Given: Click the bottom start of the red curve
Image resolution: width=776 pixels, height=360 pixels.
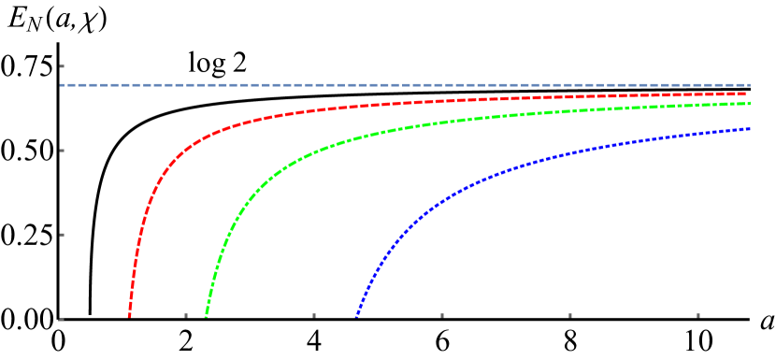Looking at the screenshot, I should [129, 315].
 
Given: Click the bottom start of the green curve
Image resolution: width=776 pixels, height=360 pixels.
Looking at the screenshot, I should [206, 315].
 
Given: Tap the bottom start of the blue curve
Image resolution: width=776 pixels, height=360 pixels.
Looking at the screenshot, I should [356, 315].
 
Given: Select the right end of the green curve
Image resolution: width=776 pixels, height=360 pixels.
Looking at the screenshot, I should [749, 104].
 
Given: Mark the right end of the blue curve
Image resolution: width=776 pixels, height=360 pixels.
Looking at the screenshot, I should [750, 129].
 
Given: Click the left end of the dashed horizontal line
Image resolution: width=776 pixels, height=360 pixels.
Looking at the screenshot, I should [62, 85].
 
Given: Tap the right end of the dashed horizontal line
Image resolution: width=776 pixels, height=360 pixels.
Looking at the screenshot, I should [749, 85].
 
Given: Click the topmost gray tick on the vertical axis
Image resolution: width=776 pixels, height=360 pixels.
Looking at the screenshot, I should [62, 66].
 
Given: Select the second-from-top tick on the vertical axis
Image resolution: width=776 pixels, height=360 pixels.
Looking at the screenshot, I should [62, 151].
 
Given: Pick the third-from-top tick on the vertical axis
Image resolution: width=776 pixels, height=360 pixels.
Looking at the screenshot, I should [62, 235].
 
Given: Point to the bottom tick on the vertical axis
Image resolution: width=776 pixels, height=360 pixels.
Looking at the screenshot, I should [62, 319].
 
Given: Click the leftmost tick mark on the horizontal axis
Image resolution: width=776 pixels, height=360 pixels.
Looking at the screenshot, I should [186, 315].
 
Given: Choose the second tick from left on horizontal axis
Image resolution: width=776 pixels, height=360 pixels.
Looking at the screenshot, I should [314, 315].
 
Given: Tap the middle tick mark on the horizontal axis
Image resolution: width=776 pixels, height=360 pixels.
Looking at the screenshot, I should [442, 315].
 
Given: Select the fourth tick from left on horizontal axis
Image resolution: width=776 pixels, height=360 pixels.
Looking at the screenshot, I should [570, 315].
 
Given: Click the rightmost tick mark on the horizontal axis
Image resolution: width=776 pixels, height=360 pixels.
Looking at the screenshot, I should [698, 315].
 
